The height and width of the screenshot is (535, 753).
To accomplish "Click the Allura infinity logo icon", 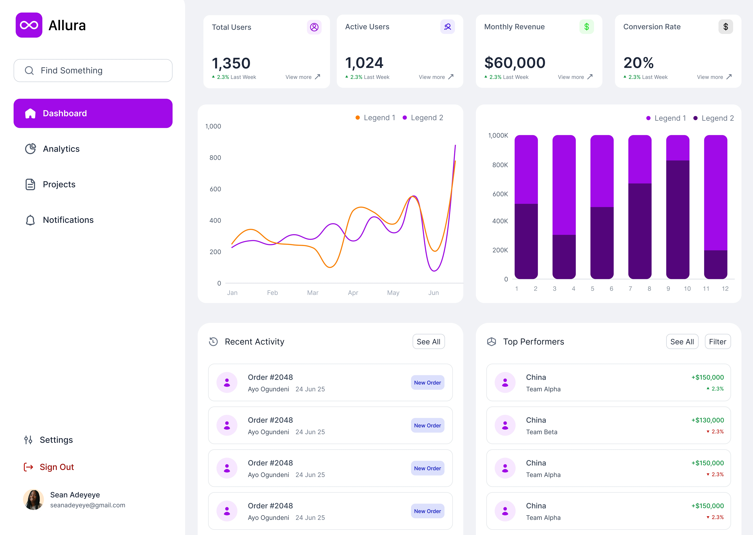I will [29, 25].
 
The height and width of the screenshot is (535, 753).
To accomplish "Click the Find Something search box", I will [93, 71].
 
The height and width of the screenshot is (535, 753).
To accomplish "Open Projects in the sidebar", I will [59, 184].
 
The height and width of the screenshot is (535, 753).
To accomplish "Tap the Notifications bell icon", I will [30, 220].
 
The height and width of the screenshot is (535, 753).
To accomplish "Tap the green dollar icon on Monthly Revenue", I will [586, 27].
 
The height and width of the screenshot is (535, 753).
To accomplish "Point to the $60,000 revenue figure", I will [515, 63].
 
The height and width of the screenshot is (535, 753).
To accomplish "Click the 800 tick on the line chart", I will [215, 158].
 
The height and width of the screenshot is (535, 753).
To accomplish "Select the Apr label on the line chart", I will [353, 293].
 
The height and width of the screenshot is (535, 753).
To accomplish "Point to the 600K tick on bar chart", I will [500, 194].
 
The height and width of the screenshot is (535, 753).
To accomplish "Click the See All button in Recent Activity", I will [428, 342].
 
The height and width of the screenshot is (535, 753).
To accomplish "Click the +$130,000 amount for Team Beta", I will [708, 420].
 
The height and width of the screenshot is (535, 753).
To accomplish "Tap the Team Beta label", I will [542, 432].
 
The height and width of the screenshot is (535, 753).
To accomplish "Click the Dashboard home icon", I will [30, 113].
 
